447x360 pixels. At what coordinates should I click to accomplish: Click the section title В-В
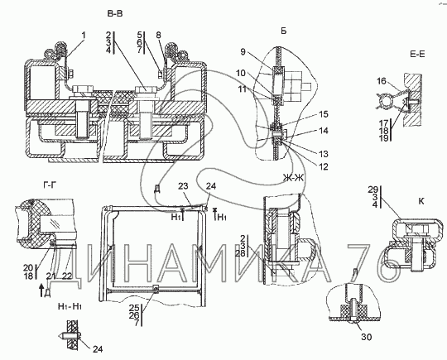(115, 14)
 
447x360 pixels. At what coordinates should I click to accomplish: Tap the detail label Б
(283, 31)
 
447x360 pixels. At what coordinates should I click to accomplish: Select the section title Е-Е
(417, 54)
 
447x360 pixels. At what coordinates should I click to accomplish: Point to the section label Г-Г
(49, 186)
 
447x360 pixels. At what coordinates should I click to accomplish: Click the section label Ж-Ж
(293, 178)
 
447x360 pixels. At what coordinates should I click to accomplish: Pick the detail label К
(421, 201)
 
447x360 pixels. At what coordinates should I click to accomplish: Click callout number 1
(84, 36)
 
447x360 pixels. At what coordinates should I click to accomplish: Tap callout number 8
(158, 35)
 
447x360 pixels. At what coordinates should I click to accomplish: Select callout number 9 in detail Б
(243, 52)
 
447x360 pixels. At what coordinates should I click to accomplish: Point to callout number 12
(324, 166)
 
